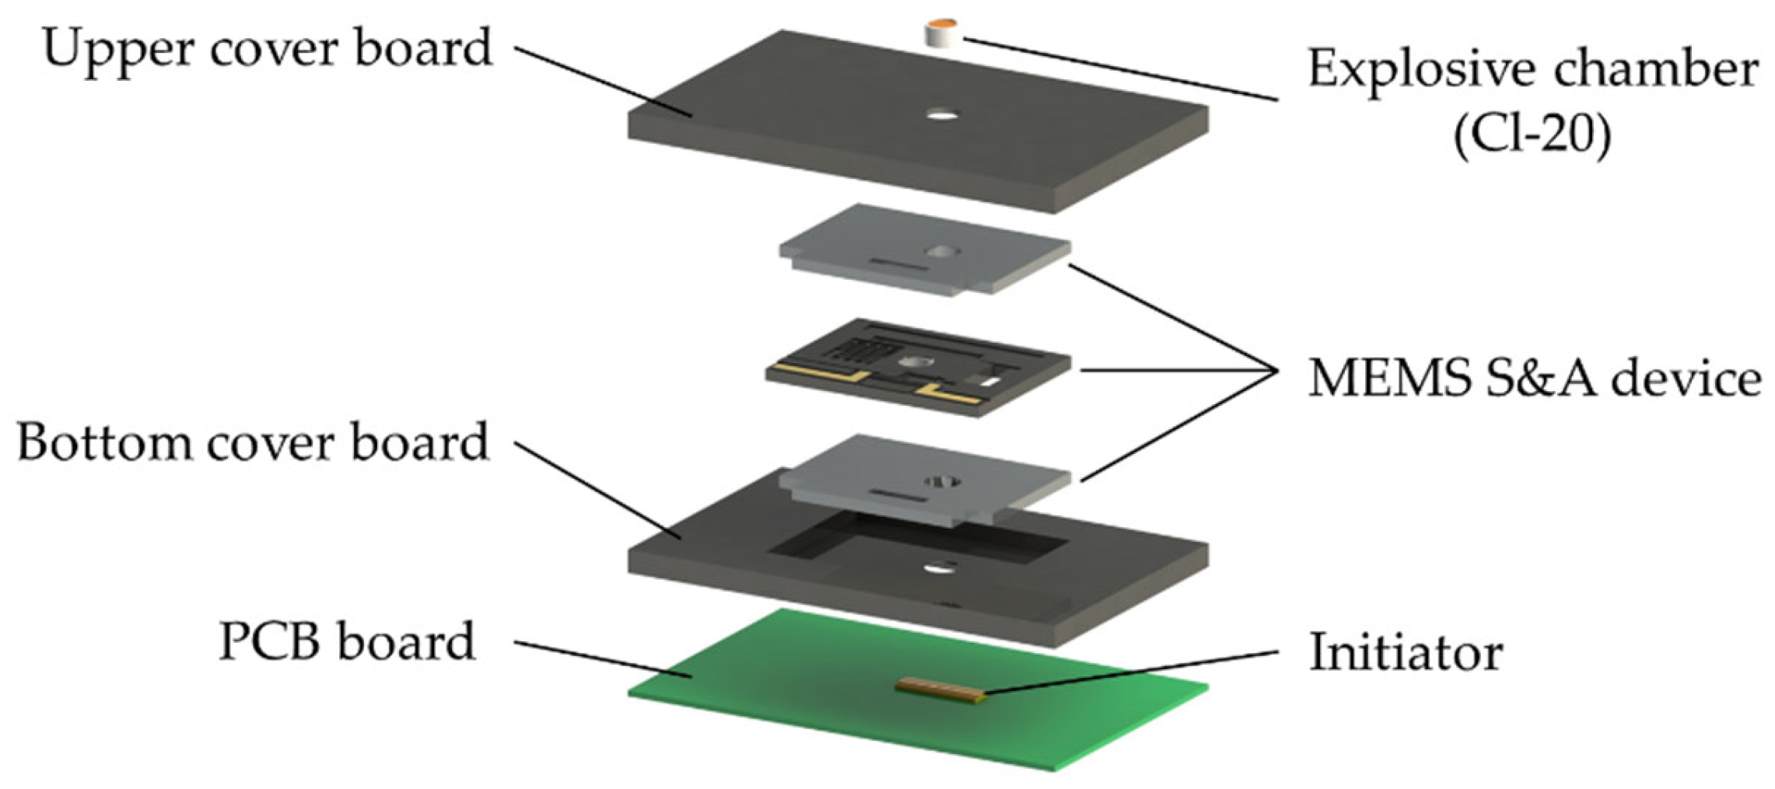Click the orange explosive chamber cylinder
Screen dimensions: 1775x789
942,34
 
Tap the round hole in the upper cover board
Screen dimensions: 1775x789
942,116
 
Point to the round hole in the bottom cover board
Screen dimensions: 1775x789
940,568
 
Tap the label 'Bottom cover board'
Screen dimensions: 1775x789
254,444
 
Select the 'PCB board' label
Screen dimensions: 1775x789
347,642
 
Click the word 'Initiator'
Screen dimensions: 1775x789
1406,651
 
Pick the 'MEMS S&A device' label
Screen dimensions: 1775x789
1535,379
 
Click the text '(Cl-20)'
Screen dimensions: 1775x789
1532,135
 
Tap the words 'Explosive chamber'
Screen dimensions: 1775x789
1532,70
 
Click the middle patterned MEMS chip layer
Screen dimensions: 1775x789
918,367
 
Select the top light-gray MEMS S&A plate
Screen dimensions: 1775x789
926,249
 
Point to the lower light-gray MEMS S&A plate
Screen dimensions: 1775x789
926,480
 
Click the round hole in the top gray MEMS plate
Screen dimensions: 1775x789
942,252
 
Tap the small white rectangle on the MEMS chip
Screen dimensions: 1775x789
989,382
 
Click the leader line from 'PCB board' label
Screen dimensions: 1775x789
604,660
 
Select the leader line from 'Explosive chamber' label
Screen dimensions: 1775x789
1121,69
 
